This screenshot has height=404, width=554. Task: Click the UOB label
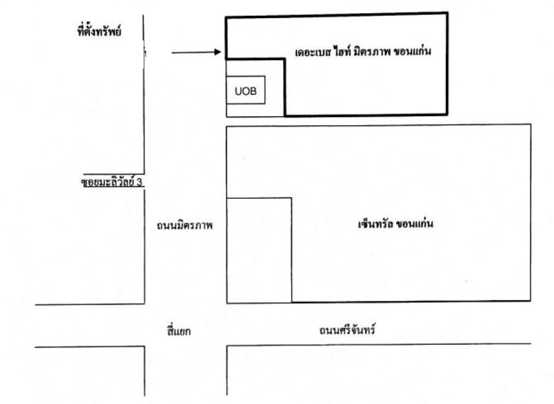246,91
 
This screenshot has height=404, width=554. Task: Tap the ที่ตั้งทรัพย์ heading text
99,31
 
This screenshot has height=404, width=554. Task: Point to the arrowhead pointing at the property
218,52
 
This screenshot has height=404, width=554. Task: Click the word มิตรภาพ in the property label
370,52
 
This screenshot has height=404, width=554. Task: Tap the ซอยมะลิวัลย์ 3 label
111,182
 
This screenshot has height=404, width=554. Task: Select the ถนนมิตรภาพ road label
185,225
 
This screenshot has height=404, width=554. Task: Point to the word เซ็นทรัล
375,224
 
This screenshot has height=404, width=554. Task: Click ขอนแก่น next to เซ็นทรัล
414,224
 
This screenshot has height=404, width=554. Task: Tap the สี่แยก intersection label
179,331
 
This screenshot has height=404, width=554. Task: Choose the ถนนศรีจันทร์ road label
347,330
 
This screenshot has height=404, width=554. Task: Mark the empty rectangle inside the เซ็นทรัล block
292,250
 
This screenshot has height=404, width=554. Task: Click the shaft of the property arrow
193,53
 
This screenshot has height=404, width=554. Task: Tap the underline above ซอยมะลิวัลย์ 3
114,174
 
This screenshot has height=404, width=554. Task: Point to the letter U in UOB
238,91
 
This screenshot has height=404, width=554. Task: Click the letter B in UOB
253,91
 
